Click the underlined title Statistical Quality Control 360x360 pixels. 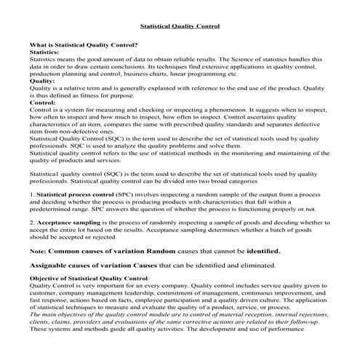[179, 26]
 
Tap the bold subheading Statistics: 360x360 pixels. [44, 52]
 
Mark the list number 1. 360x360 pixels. [32, 195]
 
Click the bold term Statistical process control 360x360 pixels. [80, 195]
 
